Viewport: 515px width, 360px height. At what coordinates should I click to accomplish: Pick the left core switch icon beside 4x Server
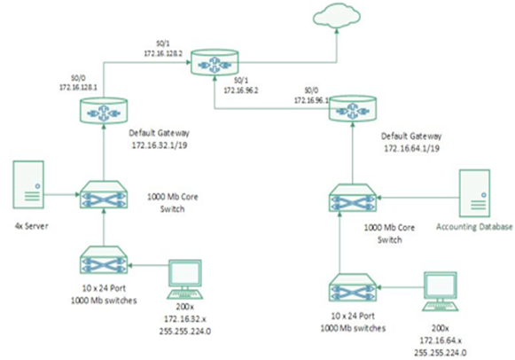103,192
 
